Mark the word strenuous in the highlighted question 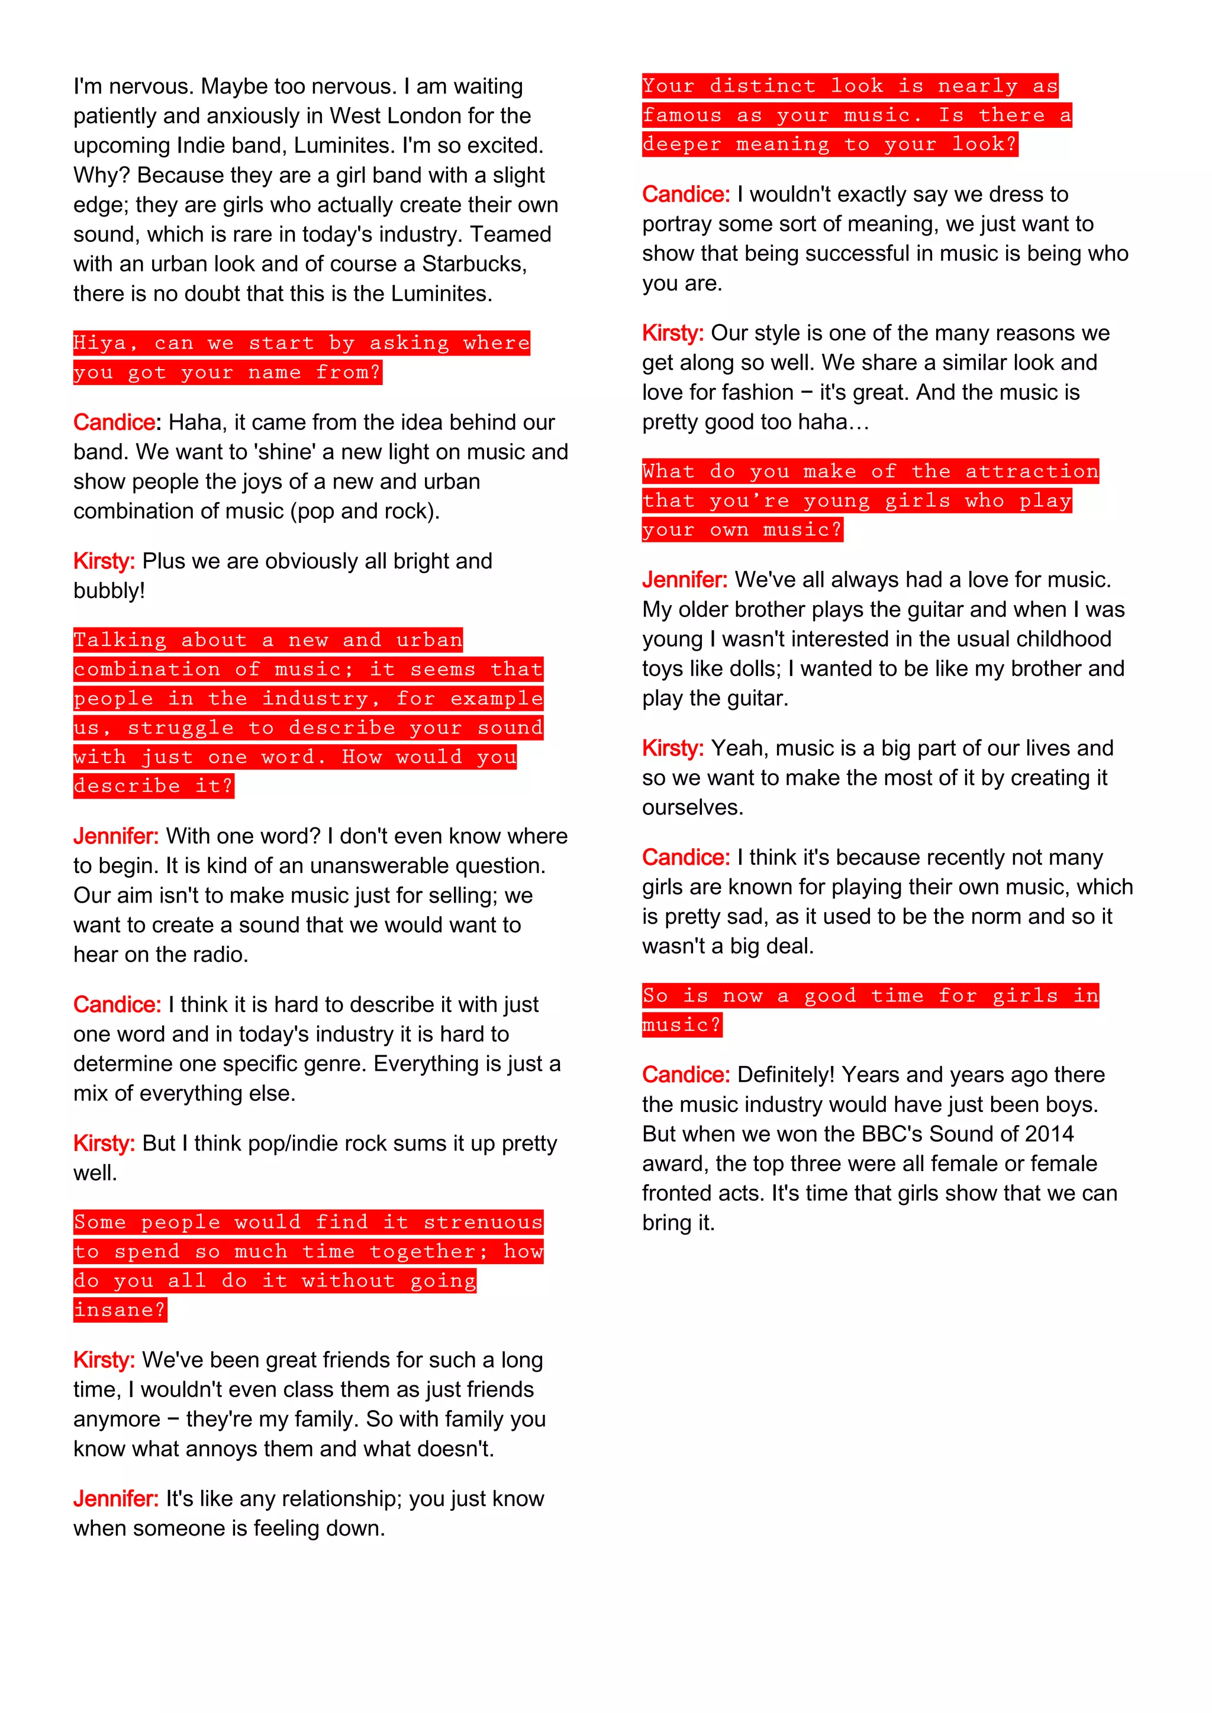tap(483, 1222)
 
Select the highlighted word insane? tap(120, 1310)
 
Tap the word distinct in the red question tap(762, 86)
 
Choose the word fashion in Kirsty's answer tap(756, 392)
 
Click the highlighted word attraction tap(1032, 471)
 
